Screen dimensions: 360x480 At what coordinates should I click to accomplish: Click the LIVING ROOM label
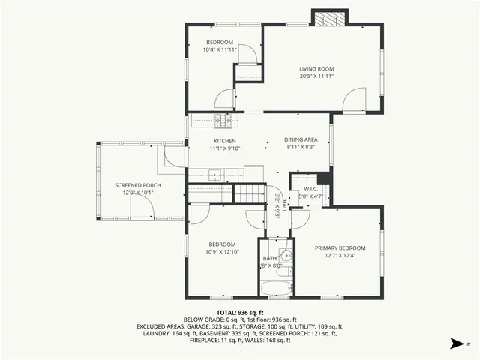(316, 68)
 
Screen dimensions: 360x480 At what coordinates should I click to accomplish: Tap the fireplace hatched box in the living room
(329, 19)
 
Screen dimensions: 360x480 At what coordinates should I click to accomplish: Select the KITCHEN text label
(224, 141)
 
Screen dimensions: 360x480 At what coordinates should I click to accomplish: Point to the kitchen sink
(215, 176)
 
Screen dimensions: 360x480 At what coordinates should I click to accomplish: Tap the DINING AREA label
(300, 140)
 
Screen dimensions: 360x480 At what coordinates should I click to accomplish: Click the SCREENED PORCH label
(137, 185)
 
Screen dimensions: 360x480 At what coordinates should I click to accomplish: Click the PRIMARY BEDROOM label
(340, 248)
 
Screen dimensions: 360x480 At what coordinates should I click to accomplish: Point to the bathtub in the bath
(277, 289)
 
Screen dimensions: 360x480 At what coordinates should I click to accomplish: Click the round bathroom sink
(283, 253)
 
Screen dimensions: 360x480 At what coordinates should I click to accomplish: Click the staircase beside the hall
(250, 194)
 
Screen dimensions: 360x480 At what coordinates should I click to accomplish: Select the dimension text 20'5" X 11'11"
(316, 76)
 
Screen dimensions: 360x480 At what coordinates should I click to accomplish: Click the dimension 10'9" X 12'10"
(222, 252)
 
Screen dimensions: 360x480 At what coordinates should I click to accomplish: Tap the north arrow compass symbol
(457, 343)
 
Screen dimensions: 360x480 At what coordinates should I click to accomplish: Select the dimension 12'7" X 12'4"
(340, 256)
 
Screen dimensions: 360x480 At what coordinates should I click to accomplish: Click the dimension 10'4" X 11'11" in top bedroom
(220, 49)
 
